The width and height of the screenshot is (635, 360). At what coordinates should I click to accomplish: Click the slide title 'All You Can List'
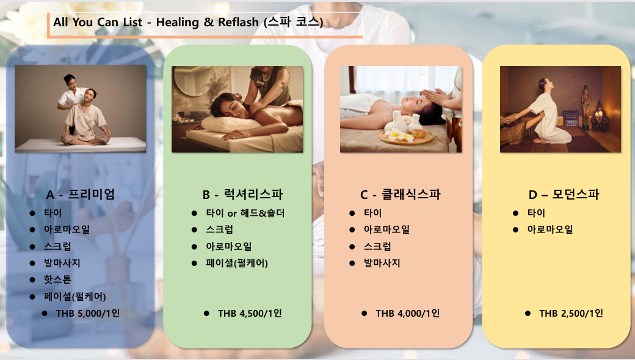98,22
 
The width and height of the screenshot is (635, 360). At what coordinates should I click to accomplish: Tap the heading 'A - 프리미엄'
81,194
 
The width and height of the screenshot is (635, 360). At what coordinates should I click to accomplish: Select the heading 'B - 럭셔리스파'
242,194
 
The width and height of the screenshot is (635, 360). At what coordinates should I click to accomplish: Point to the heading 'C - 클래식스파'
400,194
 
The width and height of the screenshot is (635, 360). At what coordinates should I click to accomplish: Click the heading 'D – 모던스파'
564,194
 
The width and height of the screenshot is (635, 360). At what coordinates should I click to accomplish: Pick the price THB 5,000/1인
88,313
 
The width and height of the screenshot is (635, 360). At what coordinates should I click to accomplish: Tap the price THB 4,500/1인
250,313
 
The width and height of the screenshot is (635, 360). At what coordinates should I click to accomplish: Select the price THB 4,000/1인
408,313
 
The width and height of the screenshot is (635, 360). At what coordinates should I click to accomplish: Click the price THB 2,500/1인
571,313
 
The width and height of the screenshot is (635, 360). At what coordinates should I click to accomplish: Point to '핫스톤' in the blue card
57,279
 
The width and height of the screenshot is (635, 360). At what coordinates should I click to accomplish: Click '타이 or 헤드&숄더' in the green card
245,213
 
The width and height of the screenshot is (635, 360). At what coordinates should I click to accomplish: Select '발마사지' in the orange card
382,263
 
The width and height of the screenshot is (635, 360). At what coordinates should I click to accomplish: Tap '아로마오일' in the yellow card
550,229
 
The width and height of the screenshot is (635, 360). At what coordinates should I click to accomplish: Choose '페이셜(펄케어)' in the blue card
75,297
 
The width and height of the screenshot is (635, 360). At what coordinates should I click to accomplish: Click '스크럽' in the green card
219,229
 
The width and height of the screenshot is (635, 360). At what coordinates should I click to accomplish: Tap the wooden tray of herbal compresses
406,137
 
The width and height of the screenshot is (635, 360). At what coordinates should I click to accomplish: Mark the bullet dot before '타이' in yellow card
515,213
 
